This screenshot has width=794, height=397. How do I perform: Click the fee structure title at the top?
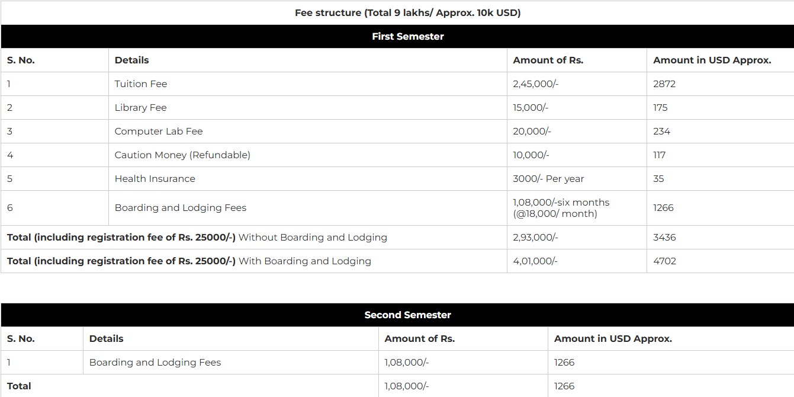(x=407, y=12)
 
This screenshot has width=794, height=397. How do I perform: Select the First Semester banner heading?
(x=407, y=36)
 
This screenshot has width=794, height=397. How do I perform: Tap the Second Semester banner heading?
(x=407, y=315)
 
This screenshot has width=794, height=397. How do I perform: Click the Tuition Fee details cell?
(x=141, y=84)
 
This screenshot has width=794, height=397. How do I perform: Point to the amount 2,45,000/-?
(x=535, y=84)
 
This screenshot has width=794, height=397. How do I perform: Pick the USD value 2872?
(x=664, y=84)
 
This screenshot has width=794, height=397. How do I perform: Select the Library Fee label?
(x=141, y=107)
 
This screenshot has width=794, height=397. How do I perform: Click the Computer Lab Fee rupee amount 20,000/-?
(x=532, y=131)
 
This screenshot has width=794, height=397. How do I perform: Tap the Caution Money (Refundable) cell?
(x=182, y=155)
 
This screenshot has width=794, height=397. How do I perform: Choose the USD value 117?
(x=660, y=155)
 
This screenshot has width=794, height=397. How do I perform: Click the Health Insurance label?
(x=155, y=178)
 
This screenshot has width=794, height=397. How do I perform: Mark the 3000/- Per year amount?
(x=548, y=178)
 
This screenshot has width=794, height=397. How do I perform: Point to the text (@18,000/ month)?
(x=555, y=213)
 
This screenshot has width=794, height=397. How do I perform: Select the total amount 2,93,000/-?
(x=535, y=237)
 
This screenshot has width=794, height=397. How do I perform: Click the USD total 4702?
(x=664, y=261)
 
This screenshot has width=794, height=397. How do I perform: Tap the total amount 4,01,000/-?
(x=535, y=261)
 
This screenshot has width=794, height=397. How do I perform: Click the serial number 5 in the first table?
(x=9, y=178)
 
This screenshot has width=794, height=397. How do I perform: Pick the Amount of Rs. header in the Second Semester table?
(x=419, y=338)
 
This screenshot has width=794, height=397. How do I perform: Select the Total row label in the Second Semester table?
(x=19, y=386)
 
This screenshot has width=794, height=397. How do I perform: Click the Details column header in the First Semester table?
(x=131, y=60)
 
